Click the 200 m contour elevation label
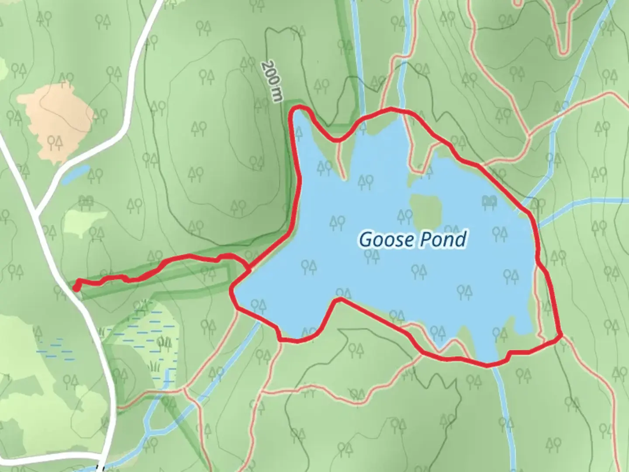[271, 81]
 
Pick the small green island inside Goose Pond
[425, 208]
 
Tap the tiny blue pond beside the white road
[76, 174]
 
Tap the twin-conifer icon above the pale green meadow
[86, 201]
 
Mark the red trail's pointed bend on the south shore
[339, 299]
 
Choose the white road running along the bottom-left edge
[48, 459]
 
